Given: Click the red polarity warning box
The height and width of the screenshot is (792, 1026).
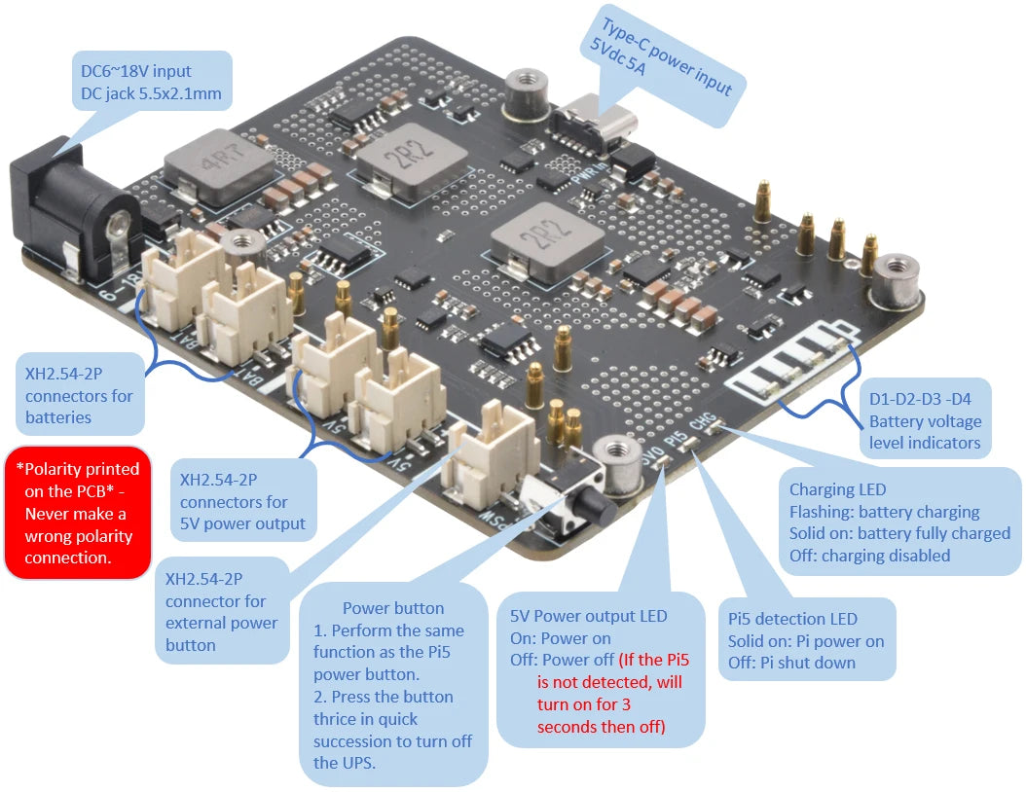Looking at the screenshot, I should click(x=79, y=513).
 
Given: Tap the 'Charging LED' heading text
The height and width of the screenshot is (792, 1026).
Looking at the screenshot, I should click(x=837, y=489).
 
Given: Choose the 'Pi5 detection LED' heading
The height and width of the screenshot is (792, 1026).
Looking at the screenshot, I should click(x=792, y=619).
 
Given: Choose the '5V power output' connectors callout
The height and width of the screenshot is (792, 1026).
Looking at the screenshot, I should click(x=242, y=502).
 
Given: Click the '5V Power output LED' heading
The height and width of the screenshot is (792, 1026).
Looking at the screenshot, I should click(x=589, y=616).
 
